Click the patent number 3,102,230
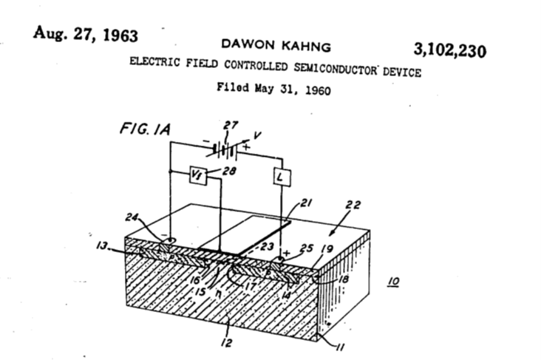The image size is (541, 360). [x=450, y=50]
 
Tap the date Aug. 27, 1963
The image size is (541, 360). [x=86, y=34]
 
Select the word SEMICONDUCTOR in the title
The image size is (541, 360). [x=336, y=69]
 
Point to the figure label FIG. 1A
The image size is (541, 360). [x=145, y=129]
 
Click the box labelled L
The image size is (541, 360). [x=282, y=177]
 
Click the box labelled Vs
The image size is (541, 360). [x=198, y=175]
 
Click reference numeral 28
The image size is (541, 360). [x=229, y=171]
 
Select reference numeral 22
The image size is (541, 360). [x=353, y=205]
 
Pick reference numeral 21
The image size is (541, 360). [x=306, y=203]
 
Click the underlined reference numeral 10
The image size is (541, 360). [x=394, y=282]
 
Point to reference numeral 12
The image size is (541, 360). [x=226, y=343]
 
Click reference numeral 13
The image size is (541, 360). [x=102, y=245]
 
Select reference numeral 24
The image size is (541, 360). [x=132, y=218]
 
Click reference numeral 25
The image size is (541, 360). [x=307, y=248]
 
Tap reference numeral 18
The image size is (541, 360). [x=344, y=279]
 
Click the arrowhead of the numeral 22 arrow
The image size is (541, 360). [x=331, y=234]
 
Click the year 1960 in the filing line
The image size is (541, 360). [x=318, y=90]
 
